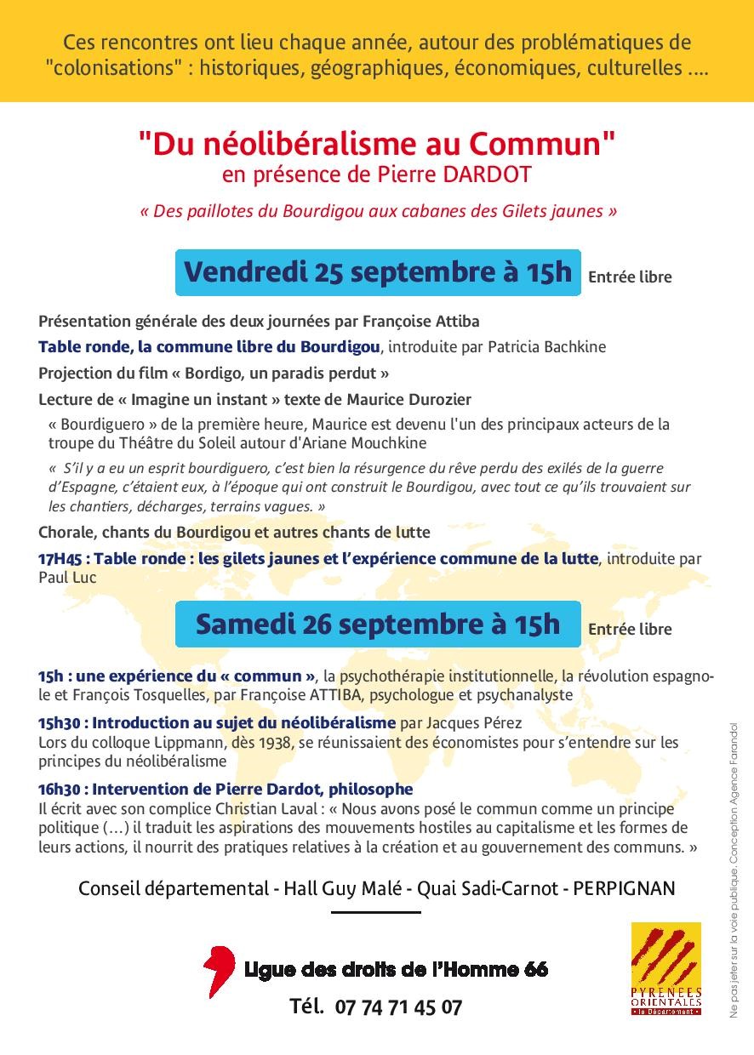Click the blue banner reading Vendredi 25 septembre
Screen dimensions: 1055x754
pos(378,272)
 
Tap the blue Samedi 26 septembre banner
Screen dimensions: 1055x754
pos(378,624)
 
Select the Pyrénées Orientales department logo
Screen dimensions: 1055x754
pos(665,969)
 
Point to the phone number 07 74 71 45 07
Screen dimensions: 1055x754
pos(398,1007)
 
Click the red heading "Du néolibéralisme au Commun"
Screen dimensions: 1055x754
pos(377,145)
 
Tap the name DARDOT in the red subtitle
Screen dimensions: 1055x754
pos(497,175)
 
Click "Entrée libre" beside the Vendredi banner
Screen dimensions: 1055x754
pos(629,277)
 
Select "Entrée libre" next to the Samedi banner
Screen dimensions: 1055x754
pos(629,629)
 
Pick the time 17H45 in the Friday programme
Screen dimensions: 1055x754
pos(59,559)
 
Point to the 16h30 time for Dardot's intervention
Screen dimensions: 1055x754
pos(59,790)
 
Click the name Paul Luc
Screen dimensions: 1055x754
pos(67,578)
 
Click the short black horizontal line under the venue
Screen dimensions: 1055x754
pos(375,912)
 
